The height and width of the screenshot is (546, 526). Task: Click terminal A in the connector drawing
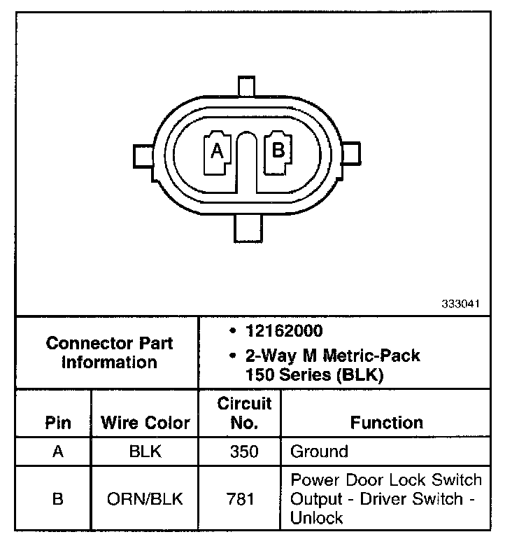click(217, 153)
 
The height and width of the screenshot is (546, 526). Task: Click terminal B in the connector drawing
click(278, 152)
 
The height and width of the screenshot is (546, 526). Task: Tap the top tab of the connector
click(246, 85)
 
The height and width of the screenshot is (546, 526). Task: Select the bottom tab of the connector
click(248, 228)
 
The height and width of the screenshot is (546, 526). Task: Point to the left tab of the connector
click(143, 156)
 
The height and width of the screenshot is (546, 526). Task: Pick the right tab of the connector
click(350, 153)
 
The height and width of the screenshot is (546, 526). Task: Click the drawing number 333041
click(460, 304)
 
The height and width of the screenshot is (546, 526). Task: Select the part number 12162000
click(284, 330)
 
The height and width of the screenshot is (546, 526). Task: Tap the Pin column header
click(58, 423)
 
